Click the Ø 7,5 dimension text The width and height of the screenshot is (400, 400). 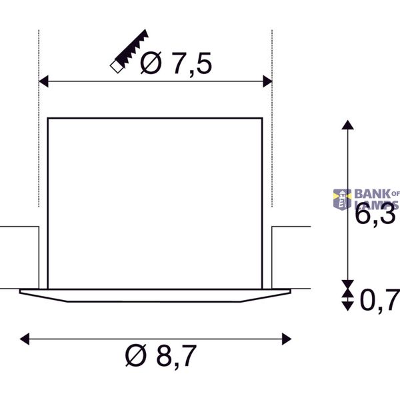coord(176,63)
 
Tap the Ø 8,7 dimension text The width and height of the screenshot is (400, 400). coord(161,355)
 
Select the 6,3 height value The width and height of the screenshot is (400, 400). coord(375,215)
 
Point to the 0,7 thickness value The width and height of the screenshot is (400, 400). coord(380,301)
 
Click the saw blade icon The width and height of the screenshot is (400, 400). coord(129,51)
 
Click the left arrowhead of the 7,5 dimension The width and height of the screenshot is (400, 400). coord(43,81)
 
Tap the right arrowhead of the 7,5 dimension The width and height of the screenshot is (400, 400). coord(267,81)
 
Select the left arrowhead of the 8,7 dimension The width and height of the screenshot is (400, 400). coord(25,339)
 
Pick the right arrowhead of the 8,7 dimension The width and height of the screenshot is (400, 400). coord(287,339)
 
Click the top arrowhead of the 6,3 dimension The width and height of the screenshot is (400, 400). coord(347,125)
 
